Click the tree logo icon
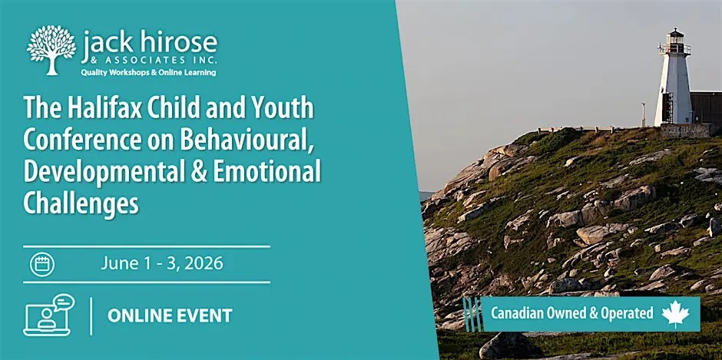pos(51,49)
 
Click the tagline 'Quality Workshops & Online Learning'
pos(149,72)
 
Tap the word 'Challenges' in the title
pos(81,203)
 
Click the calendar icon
pos(41,265)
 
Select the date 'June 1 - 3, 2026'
pos(162,264)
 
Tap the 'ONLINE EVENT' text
pos(170,315)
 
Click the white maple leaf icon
pos(676,313)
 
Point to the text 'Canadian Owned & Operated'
pos(571,313)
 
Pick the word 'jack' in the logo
pos(111,42)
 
